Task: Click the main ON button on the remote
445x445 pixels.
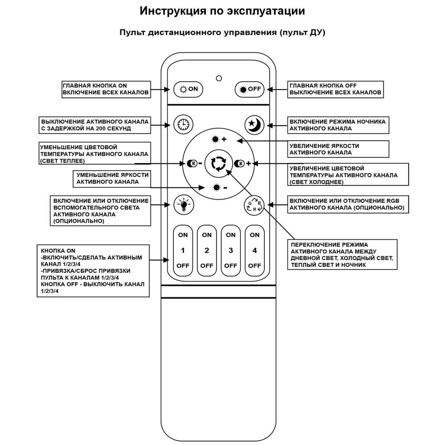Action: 188,89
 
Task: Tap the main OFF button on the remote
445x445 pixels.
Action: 250,89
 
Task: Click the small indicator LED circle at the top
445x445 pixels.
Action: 219,78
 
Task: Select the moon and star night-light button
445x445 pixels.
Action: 254,124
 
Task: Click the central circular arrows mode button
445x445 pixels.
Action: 218,163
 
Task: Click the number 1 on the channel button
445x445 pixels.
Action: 183,250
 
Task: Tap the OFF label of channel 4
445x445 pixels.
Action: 254,266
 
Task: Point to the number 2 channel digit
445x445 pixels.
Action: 207,250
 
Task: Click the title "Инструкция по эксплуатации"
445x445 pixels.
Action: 222,11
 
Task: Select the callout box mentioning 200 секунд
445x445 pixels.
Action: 95,125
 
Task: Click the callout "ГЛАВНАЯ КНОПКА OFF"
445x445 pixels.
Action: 335,89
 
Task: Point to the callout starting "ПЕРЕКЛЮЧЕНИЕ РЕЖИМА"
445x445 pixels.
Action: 342,254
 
